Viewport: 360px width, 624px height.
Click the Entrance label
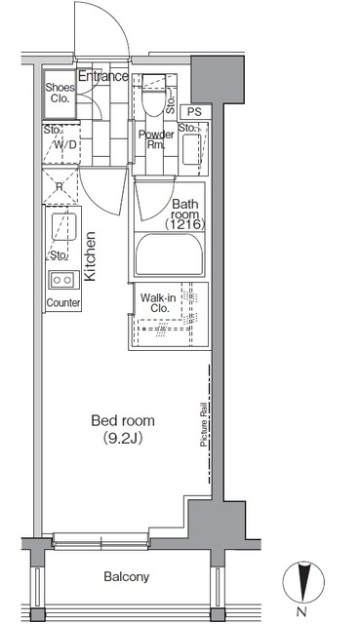coord(103,76)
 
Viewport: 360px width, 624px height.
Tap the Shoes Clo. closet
coord(60,94)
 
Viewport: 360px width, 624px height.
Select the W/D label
coord(65,144)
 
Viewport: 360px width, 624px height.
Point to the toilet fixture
coord(154,95)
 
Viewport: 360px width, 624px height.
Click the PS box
coord(194,112)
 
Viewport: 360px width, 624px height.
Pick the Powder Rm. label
coord(156,139)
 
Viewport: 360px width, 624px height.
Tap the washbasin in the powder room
coord(192,149)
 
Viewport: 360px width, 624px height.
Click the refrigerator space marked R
coord(60,186)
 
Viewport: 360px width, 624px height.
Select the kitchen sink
coord(63,226)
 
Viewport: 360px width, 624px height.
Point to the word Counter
coord(63,303)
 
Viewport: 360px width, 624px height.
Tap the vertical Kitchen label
coord(90,256)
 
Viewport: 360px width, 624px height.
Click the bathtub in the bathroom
coord(170,254)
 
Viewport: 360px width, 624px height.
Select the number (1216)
coord(185,225)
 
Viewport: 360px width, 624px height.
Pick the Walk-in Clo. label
coord(158,303)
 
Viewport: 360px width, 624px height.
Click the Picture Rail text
coord(204,424)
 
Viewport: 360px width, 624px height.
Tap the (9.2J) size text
coord(123,439)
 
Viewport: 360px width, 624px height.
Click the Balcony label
coord(126,576)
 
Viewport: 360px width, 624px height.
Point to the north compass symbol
coord(303,581)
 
